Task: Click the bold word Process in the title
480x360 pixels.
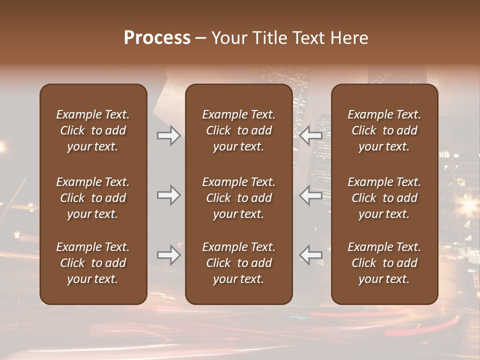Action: (157, 38)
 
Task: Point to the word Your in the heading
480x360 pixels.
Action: (228, 38)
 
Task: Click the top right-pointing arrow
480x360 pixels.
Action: (169, 135)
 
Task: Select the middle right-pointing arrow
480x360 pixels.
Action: (169, 195)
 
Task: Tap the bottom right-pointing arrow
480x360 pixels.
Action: (169, 255)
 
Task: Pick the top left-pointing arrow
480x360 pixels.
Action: (310, 135)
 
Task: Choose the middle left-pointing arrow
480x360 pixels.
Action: (310, 195)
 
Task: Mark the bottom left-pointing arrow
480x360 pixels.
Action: (310, 255)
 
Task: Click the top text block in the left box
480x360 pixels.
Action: (93, 130)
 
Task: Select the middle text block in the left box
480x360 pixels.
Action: (93, 198)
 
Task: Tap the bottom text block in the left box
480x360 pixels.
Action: (93, 263)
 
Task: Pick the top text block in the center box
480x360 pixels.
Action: (238, 130)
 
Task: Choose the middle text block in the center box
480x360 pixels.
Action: (238, 198)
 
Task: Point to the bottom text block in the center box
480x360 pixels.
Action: (238, 263)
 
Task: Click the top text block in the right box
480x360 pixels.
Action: (384, 130)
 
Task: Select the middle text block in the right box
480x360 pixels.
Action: (384, 198)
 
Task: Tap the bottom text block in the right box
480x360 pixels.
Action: (384, 263)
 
